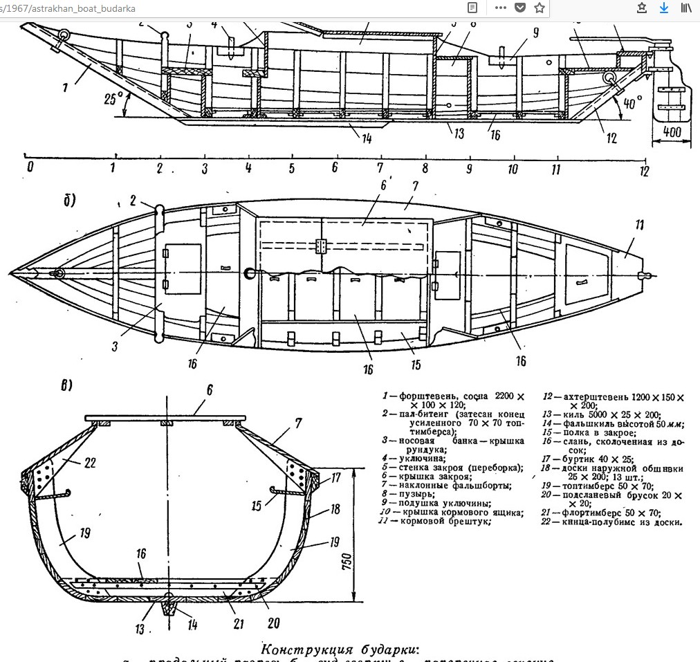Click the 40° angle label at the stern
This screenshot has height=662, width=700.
click(x=632, y=101)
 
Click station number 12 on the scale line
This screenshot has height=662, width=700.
click(x=645, y=171)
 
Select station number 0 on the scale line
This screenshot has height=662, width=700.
click(x=29, y=167)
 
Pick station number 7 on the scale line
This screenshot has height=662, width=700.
click(x=380, y=168)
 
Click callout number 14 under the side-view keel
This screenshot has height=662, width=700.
click(x=366, y=138)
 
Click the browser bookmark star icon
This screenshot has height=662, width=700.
click(x=540, y=8)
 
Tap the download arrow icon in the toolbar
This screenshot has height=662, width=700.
click(x=664, y=8)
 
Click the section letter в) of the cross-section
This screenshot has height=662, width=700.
click(x=67, y=385)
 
